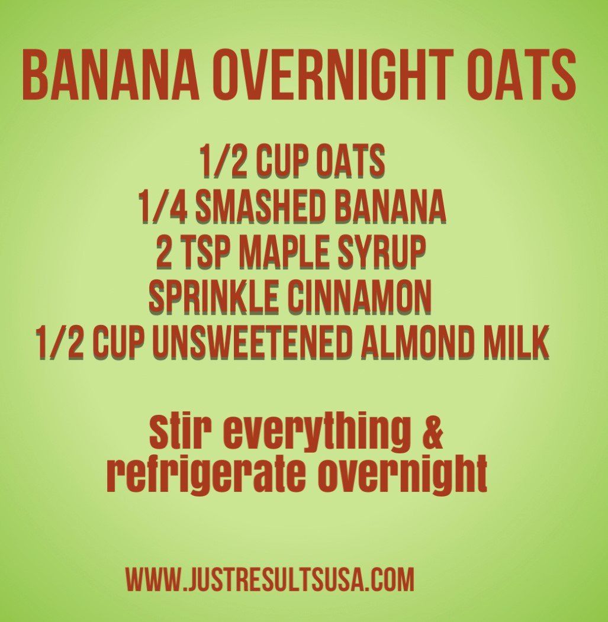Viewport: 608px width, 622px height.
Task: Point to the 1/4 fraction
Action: tap(156, 207)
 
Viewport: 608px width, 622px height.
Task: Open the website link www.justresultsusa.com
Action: tap(269, 579)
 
